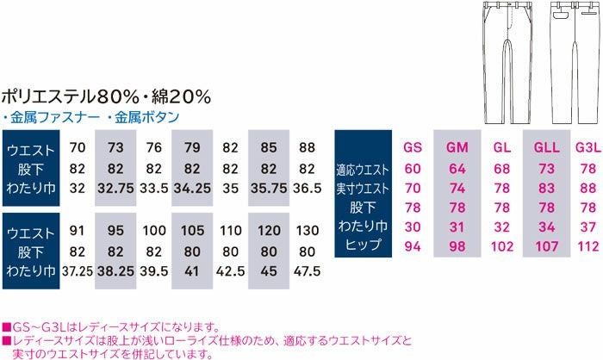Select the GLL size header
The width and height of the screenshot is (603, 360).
(545, 147)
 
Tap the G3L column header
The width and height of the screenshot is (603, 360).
(587, 147)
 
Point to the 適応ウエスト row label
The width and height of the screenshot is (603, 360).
(362, 169)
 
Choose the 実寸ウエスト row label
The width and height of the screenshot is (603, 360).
(362, 188)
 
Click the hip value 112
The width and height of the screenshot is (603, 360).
(587, 246)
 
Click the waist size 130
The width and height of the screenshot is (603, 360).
(307, 232)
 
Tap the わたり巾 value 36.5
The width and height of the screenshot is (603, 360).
(307, 188)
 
